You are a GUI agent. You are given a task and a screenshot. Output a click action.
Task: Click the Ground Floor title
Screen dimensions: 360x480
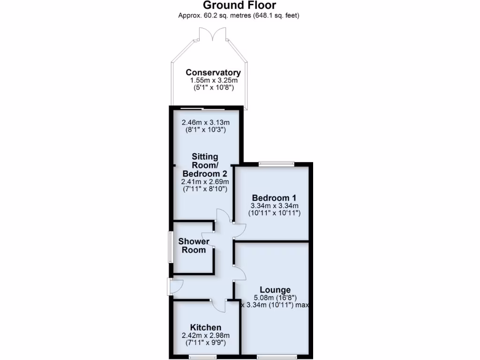(239, 6)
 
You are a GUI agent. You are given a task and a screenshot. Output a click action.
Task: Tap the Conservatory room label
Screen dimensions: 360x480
(213, 72)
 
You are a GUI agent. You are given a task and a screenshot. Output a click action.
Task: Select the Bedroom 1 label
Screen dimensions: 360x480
(274, 197)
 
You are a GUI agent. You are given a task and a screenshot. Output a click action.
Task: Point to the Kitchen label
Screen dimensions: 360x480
(206, 327)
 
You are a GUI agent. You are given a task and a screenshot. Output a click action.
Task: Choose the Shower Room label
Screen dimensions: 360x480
(194, 246)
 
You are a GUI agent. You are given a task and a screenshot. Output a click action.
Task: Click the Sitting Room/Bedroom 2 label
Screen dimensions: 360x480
(204, 165)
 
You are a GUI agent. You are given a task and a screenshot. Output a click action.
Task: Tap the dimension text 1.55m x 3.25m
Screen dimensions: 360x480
(213, 80)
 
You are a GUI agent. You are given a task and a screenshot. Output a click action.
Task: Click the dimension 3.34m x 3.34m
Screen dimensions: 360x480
(274, 205)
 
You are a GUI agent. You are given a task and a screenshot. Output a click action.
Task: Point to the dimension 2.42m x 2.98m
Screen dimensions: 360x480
(206, 335)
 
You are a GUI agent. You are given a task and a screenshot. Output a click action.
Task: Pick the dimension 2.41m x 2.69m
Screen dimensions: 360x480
(205, 182)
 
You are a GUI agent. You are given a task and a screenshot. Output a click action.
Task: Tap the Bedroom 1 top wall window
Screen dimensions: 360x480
(276, 164)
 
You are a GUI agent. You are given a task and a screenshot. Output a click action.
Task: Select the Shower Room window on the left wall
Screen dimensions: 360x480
(171, 246)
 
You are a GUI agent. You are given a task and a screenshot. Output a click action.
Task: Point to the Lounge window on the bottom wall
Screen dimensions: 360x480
(277, 357)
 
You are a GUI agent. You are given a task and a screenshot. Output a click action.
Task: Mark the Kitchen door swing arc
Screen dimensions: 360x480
(218, 306)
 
